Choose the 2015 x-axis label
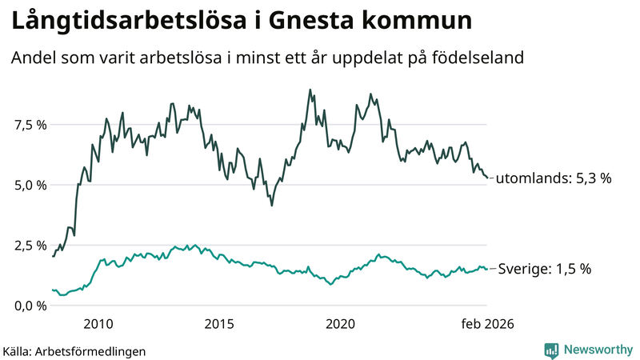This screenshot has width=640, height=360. pos(219,324)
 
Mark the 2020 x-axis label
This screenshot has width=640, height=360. pos(341,324)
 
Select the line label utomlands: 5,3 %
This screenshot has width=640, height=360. pos(553,178)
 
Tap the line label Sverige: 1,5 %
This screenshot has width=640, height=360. pos(544,270)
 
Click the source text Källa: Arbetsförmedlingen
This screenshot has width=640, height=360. pos(74,350)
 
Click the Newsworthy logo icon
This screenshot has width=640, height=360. pos(552,350)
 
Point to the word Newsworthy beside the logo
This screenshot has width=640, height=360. pos(598,350)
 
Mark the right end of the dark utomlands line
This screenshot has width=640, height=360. pos(487,178)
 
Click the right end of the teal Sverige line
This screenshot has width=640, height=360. pos(487,270)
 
